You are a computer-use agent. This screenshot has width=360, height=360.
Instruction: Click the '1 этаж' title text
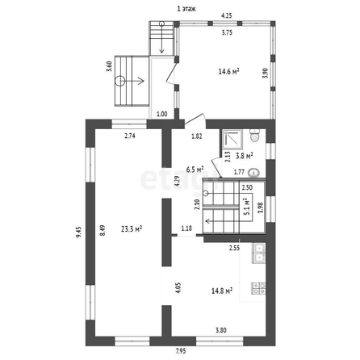pyautogui.click(x=186, y=9)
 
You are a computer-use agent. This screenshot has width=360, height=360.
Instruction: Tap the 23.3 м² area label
pyautogui.click(x=132, y=229)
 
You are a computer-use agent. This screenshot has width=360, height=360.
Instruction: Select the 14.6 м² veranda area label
pyautogui.click(x=229, y=72)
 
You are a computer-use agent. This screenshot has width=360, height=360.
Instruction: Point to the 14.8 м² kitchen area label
pyautogui.click(x=222, y=291)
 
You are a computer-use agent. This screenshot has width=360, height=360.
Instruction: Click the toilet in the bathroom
pyautogui.click(x=254, y=135)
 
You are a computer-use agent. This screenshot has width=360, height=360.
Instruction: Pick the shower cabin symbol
pyautogui.click(x=232, y=140)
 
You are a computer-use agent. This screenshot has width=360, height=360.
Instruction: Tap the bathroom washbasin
pyautogui.click(x=253, y=173)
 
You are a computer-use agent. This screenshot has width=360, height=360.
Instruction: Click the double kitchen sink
pyautogui.click(x=258, y=253)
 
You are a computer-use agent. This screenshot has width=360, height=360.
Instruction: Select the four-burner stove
pyautogui.click(x=258, y=288)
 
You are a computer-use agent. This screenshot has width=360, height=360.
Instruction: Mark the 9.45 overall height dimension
pyautogui.click(x=78, y=232)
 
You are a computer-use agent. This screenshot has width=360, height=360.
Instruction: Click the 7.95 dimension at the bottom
pyautogui.click(x=181, y=351)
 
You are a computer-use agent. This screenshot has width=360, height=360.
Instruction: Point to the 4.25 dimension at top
pyautogui.click(x=227, y=15)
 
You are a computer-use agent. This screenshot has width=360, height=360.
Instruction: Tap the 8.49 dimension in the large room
pyautogui.click(x=103, y=230)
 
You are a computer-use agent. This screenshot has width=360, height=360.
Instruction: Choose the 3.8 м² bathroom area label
pyautogui.click(x=245, y=156)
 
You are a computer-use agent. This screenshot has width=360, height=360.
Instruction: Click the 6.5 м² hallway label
pyautogui.click(x=195, y=170)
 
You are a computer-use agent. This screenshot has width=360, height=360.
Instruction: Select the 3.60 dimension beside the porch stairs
pyautogui.click(x=109, y=66)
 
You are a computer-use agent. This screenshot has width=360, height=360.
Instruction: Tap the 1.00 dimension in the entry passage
pyautogui.click(x=162, y=114)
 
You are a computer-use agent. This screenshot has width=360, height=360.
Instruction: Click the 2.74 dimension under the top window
pyautogui.click(x=130, y=136)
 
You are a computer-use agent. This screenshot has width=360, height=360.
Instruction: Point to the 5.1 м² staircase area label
pyautogui.click(x=246, y=207)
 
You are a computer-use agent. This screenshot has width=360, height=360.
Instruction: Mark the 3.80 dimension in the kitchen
pyautogui.click(x=221, y=330)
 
